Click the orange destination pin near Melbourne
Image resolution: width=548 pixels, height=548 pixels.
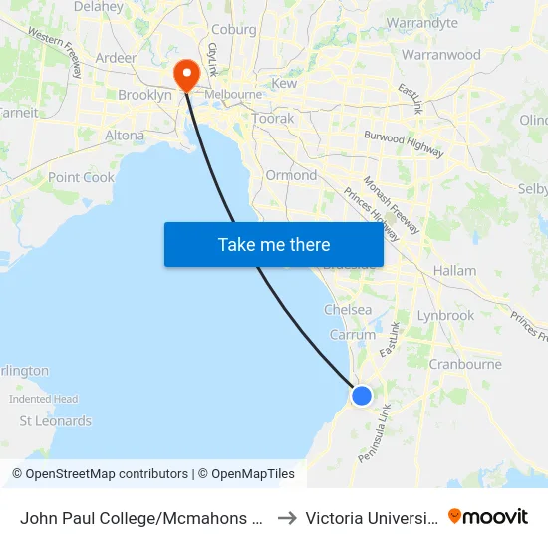click(186, 74)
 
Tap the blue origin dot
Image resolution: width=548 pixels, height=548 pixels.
click(362, 396)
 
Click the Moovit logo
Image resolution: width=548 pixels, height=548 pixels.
click(488, 516)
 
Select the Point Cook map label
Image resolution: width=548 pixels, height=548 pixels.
click(82, 177)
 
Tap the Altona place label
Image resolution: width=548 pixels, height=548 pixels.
click(125, 136)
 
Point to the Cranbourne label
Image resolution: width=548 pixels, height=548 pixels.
click(464, 364)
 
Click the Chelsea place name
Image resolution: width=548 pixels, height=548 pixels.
click(348, 310)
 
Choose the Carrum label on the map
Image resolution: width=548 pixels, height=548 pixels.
click(352, 335)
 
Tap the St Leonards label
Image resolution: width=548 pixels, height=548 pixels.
click(56, 421)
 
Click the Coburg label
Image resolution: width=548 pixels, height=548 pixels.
click(234, 29)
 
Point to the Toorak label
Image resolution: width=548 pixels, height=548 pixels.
click(273, 119)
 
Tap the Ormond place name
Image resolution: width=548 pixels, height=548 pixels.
click(291, 175)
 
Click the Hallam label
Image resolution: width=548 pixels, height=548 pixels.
click(454, 270)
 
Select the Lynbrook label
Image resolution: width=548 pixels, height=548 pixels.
click(445, 315)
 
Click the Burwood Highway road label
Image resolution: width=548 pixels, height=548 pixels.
click(404, 142)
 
